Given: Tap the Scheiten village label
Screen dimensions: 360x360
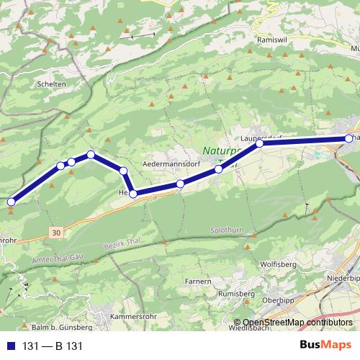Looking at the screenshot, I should tap(51, 84).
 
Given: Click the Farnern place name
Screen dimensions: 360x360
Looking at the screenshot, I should tap(197, 281).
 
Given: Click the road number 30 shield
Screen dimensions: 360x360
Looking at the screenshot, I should tap(57, 233).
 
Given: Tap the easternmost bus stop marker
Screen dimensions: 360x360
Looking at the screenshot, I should tap(349, 138).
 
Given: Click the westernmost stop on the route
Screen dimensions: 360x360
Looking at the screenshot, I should tap(11, 202).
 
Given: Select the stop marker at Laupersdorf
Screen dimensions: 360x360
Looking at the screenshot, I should tap(260, 144).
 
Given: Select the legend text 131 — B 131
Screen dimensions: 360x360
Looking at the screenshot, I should tap(53, 346).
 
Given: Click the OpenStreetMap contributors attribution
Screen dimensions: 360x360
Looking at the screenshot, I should tap(297, 323).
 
